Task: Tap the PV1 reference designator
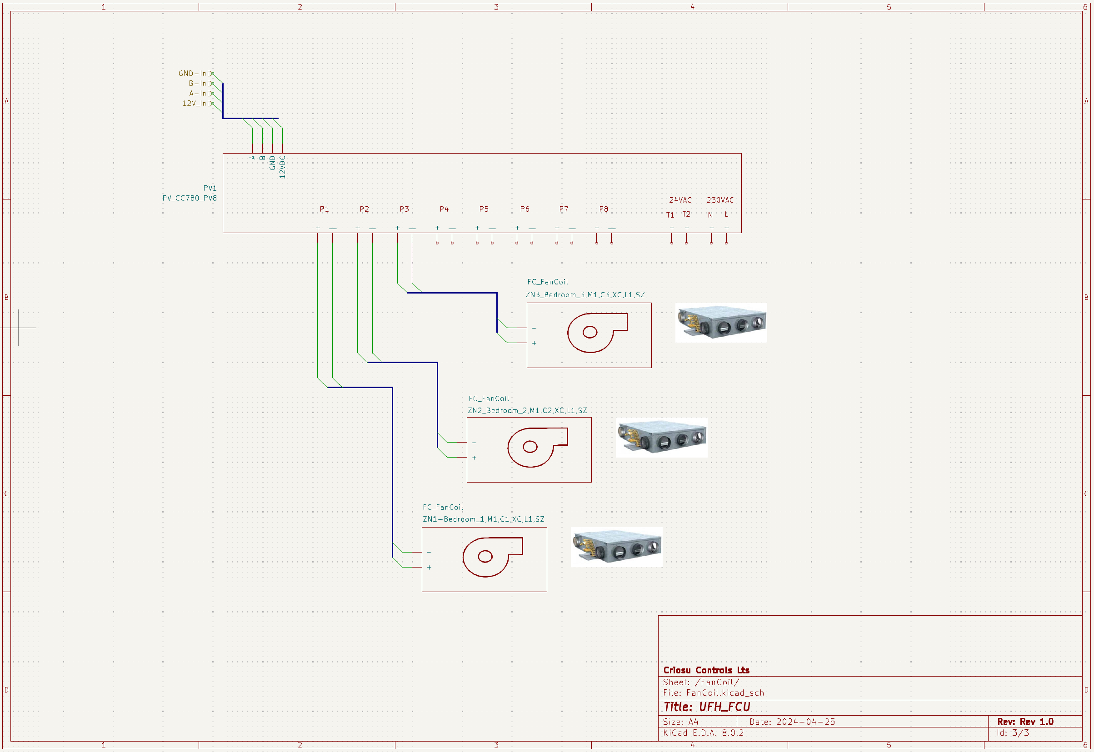[210, 188]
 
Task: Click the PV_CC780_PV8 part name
[190, 198]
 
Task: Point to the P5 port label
[484, 209]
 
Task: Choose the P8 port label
[603, 209]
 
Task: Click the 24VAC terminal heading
[680, 200]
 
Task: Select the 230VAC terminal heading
[720, 200]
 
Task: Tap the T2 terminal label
[686, 214]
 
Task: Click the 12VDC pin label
[282, 167]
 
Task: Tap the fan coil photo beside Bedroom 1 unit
[616, 547]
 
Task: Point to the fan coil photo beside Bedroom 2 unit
[661, 437]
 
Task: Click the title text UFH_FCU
[724, 707]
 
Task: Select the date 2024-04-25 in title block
[805, 722]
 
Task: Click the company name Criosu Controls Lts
[706, 670]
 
